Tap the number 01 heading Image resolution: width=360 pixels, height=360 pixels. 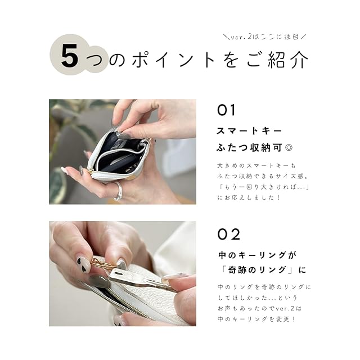click(226, 110)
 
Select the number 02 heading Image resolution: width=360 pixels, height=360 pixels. click(229, 235)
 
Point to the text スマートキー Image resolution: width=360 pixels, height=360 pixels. click(249, 131)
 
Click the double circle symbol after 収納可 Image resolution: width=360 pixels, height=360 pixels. click(289, 147)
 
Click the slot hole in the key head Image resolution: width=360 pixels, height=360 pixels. click(119, 274)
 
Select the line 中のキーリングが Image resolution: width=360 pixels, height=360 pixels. click(257, 255)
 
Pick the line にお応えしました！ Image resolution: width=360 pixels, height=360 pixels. click(249, 197)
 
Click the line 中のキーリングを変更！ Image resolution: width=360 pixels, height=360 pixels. click(256, 319)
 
